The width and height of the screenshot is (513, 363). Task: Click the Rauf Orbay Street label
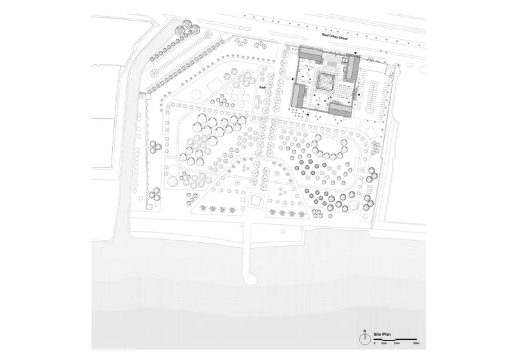click(x=334, y=37)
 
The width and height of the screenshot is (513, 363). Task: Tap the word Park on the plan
click(x=263, y=88)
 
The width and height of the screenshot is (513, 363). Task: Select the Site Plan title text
click(x=382, y=335)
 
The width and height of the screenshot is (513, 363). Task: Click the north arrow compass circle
click(x=364, y=340)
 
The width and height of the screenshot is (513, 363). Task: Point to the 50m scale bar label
click(x=416, y=343)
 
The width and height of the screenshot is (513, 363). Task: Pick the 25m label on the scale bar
click(x=396, y=343)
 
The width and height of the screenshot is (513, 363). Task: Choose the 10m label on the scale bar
click(x=383, y=343)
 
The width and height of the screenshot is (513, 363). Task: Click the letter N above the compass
click(x=364, y=331)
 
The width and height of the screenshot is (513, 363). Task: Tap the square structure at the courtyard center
click(x=326, y=82)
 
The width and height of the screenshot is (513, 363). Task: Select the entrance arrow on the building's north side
click(x=356, y=53)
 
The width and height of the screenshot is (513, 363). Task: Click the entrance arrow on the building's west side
click(x=292, y=78)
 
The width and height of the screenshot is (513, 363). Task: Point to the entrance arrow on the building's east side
click(x=358, y=95)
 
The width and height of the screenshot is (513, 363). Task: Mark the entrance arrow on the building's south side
click(x=308, y=115)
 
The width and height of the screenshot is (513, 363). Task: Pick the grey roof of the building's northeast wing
click(x=352, y=68)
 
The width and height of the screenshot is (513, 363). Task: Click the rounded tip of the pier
click(x=250, y=280)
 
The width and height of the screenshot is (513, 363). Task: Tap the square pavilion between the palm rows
click(x=255, y=200)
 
